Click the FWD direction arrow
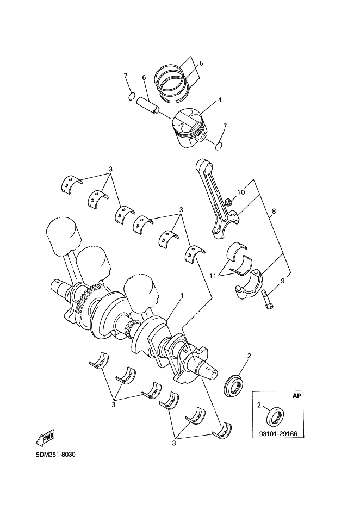point(45,436)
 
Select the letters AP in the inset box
point(296,396)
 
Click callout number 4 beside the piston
point(220,100)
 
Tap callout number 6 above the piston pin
point(145,78)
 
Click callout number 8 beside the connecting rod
point(274,210)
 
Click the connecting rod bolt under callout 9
point(266,300)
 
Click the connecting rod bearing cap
point(249,284)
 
